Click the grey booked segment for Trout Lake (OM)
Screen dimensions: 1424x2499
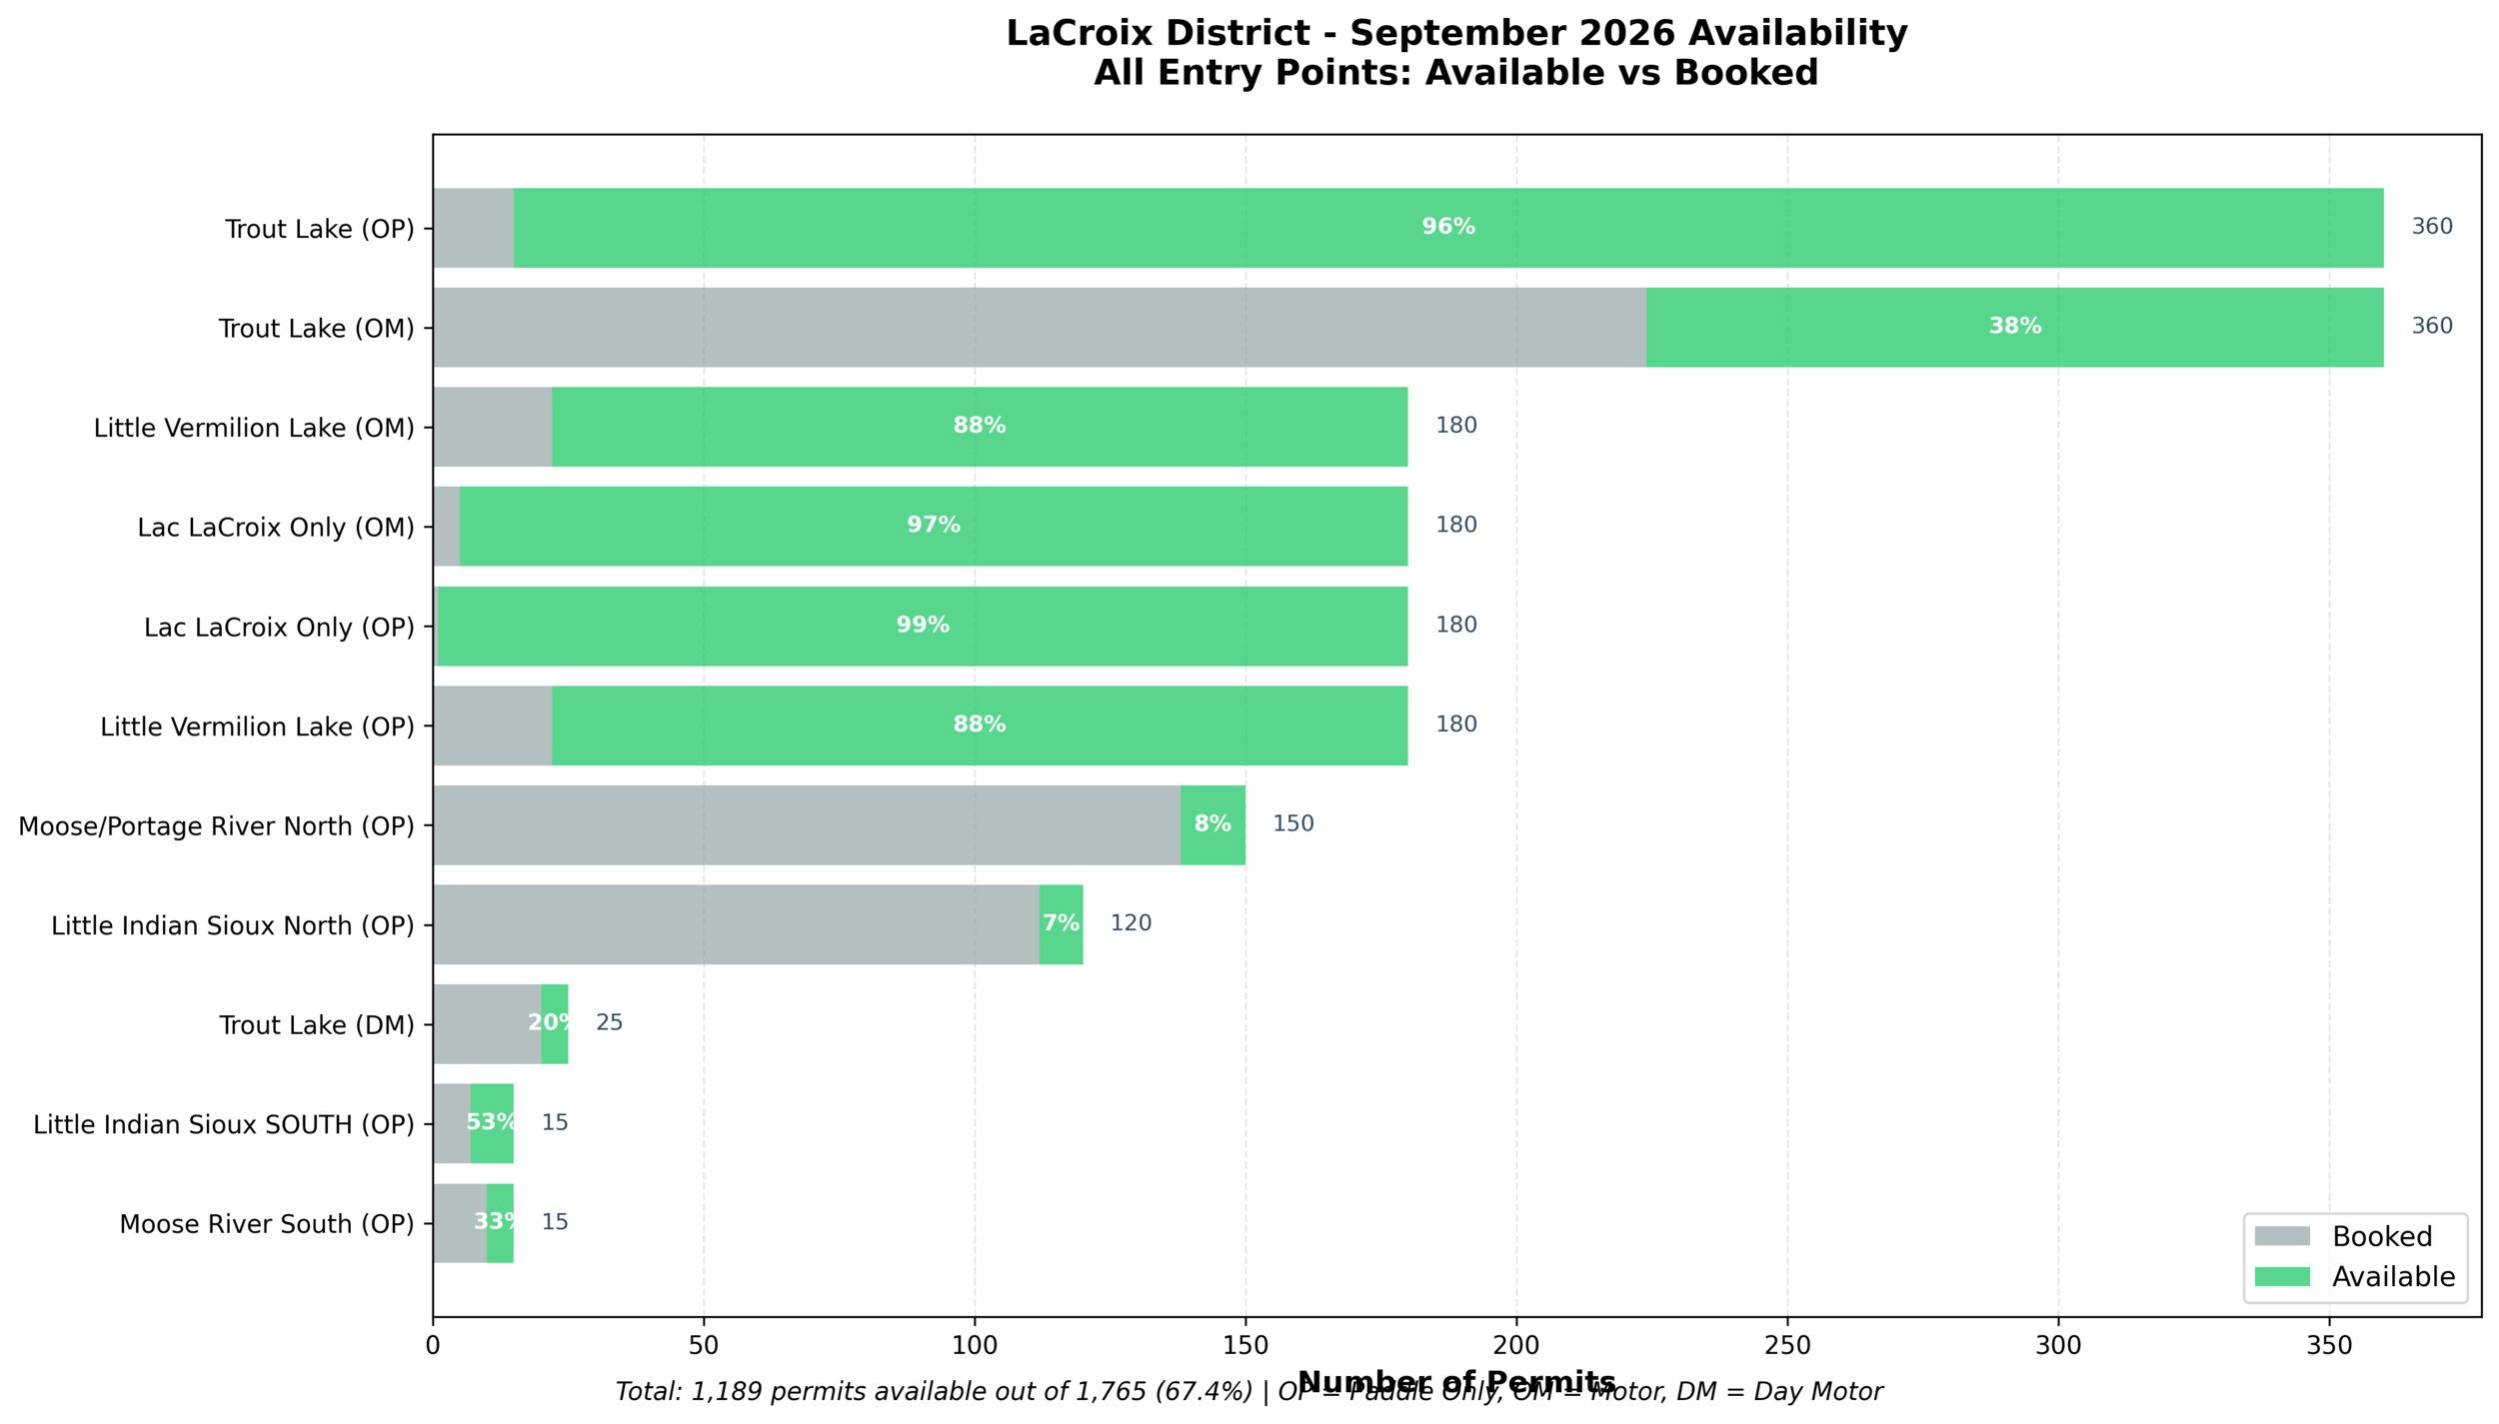[x=1040, y=327]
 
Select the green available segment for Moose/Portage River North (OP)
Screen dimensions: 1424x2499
[x=1213, y=824]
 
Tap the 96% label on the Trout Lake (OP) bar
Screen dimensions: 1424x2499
[x=1448, y=227]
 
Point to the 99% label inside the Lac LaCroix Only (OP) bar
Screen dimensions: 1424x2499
[x=922, y=626]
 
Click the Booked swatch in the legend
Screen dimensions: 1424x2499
[x=2282, y=1236]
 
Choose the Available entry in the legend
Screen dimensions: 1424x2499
[x=2393, y=1277]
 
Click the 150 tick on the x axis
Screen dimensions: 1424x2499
[x=1246, y=1345]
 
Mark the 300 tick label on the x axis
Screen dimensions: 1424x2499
[x=2058, y=1345]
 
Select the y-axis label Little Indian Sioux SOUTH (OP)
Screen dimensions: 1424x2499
[x=224, y=1124]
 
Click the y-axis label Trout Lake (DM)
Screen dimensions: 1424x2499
[x=317, y=1025]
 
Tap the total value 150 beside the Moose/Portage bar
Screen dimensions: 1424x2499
[x=1292, y=823]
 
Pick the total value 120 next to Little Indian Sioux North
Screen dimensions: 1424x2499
[x=1131, y=923]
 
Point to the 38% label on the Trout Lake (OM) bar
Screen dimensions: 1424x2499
[x=2014, y=327]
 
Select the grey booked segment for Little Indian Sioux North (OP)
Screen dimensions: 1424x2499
[x=736, y=924]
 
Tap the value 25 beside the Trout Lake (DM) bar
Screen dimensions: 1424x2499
[x=609, y=1022]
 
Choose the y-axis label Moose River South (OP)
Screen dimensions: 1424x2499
[x=267, y=1224]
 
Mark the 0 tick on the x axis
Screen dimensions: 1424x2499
[x=433, y=1345]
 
